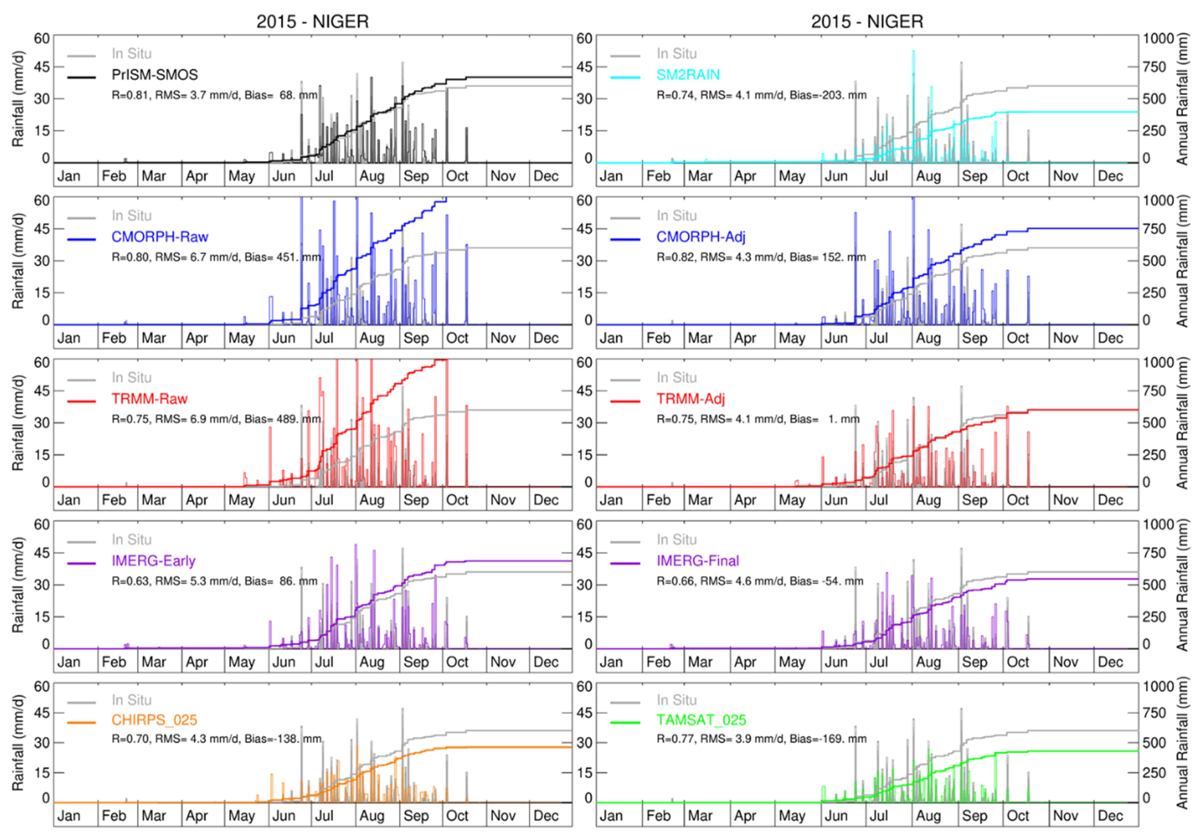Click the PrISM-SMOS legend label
tap(154, 75)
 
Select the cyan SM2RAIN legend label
tap(688, 75)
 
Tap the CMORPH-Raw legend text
tap(160, 237)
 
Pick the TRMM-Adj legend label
tap(691, 399)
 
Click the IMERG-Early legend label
tap(153, 561)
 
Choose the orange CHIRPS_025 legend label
tap(154, 720)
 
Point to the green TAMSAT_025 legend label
tap(701, 720)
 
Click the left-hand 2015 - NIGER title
tap(312, 22)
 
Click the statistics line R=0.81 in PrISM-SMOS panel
tap(215, 95)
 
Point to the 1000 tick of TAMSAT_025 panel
tap(1158, 686)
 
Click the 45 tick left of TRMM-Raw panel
tap(42, 391)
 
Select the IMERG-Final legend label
tap(697, 561)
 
